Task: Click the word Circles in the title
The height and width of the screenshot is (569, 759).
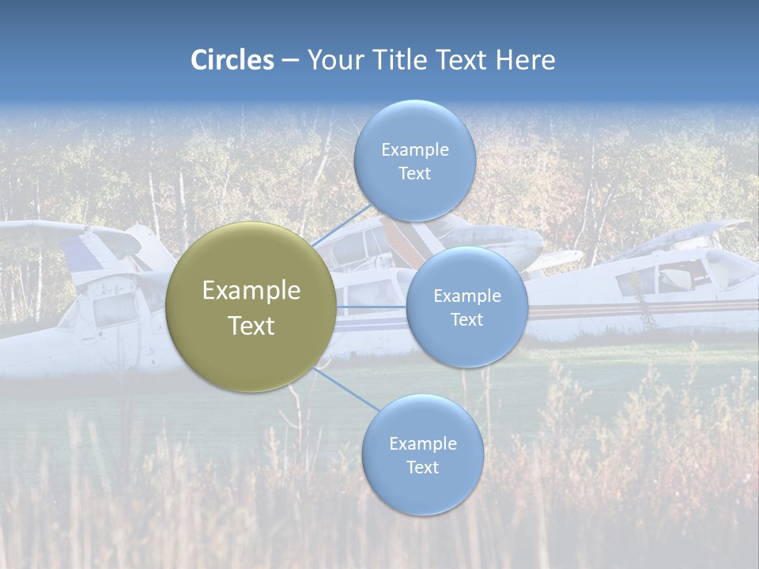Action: [232, 60]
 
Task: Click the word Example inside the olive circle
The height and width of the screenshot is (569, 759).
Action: [251, 291]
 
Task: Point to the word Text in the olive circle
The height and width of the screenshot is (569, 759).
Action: [251, 326]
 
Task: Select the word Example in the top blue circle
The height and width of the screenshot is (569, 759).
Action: [414, 150]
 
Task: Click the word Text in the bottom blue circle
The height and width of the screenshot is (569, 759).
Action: [422, 467]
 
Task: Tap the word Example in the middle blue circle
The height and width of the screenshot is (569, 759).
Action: [466, 296]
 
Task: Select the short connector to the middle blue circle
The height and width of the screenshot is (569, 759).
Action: [371, 307]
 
